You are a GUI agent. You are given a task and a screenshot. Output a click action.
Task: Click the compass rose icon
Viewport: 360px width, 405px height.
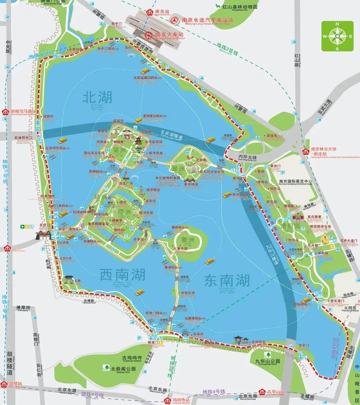[x=337, y=36]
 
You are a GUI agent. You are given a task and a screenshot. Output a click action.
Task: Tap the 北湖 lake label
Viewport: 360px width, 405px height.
[x=97, y=97]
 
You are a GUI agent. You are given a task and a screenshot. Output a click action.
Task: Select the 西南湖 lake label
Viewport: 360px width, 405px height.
[x=123, y=275]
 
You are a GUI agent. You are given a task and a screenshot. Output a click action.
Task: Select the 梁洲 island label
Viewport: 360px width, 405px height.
[x=119, y=150]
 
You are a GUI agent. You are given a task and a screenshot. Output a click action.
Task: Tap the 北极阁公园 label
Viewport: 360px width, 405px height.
[x=123, y=369]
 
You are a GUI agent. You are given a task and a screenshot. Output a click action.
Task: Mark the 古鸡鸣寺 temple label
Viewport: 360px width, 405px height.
[x=132, y=357]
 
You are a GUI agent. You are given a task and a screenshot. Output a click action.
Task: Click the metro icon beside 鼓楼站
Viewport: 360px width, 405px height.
[x=4, y=384]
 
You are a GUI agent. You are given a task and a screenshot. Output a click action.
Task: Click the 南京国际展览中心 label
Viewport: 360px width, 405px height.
[x=296, y=182]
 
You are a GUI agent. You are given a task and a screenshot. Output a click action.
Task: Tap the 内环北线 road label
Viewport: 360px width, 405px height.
[x=247, y=157]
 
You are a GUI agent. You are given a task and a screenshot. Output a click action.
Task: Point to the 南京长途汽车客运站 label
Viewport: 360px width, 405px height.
[x=207, y=20]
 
